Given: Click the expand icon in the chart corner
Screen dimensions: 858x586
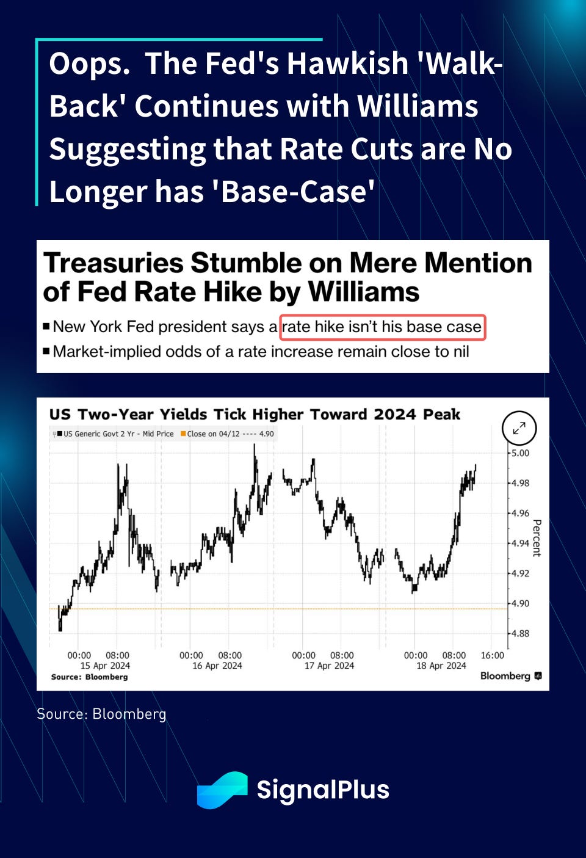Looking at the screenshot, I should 519,428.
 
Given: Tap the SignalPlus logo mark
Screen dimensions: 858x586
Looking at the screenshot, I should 222,790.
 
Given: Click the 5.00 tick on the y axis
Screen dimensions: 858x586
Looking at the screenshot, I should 520,453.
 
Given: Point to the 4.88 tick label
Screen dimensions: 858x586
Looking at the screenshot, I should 520,633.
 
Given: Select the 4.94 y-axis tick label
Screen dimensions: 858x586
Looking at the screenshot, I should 520,543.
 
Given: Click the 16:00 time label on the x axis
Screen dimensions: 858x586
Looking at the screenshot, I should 492,655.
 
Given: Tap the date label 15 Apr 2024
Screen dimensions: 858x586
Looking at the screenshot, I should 105,666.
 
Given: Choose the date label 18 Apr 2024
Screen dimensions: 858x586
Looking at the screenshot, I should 441,666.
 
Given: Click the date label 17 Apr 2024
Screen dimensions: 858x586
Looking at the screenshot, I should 329,666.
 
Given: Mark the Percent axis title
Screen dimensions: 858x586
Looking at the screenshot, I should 537,538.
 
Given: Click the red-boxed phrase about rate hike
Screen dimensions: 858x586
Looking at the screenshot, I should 382,327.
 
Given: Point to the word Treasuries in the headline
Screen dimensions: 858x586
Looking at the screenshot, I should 114,263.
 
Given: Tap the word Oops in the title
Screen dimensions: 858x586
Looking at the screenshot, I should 89,64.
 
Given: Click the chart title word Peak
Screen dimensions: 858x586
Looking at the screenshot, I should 441,415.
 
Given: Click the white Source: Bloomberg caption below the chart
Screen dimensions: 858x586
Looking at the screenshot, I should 101,714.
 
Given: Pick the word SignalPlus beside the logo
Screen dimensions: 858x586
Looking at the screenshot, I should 323,790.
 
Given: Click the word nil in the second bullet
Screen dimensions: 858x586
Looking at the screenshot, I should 460,352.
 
